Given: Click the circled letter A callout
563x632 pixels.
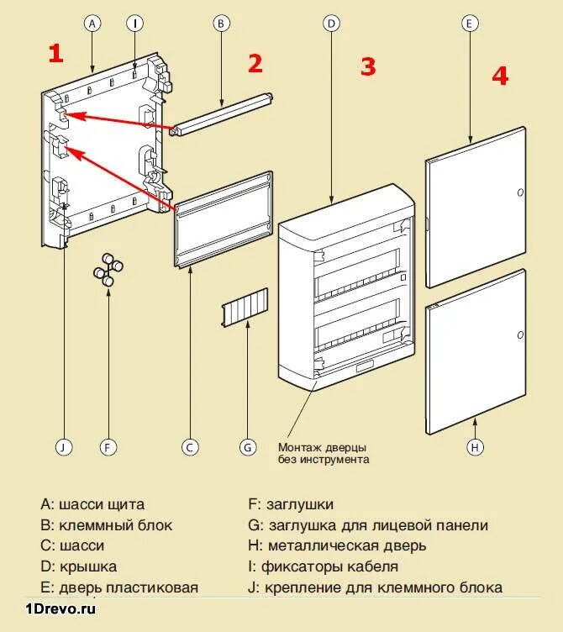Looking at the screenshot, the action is coord(92,24).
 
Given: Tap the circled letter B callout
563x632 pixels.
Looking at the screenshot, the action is coord(220,24).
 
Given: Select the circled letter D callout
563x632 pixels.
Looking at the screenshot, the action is coord(332,24).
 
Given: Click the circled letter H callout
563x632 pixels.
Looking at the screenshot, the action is coord(476,447).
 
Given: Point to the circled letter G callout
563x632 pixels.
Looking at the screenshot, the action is coord(247,447).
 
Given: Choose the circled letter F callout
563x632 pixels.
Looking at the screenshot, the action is coord(108,447).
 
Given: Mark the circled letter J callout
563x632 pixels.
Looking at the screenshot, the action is coord(61,447).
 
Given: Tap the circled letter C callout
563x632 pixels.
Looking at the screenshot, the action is coord(191,447).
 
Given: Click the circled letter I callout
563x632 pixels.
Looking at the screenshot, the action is coord(135,24).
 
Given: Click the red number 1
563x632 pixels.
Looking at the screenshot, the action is coord(55,55).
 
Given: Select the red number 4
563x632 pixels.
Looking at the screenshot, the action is coord(500,76).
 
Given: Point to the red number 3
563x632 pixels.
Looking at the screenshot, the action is coord(368,67).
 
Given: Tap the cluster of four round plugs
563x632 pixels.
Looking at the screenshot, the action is coord(108,270).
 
